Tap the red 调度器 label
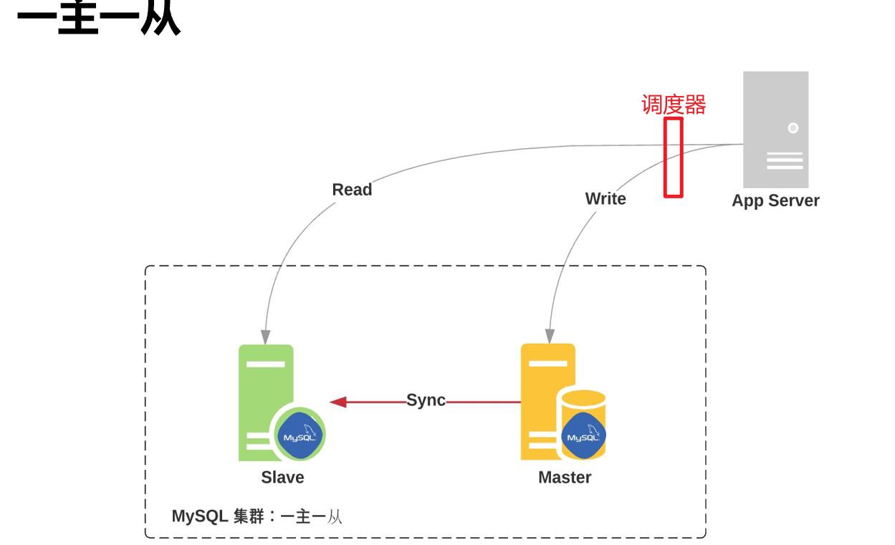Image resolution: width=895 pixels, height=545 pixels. tap(674, 105)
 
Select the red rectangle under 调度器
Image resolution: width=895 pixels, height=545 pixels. tap(673, 158)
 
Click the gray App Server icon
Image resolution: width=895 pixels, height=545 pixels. tap(775, 130)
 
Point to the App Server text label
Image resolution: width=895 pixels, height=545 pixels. tap(775, 201)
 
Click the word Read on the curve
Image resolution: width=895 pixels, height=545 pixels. tap(352, 190)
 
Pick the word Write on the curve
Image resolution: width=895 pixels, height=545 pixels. tap(606, 199)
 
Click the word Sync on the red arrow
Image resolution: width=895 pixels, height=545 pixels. tap(426, 400)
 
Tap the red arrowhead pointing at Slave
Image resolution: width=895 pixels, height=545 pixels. tap(338, 402)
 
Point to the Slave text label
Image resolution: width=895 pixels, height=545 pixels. tap(282, 478)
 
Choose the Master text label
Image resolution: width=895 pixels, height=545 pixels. tap(565, 478)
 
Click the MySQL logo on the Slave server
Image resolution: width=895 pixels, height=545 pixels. tap(298, 436)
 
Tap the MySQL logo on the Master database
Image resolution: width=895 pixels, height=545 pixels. tap(583, 436)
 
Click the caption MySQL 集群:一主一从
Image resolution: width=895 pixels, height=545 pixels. tap(257, 516)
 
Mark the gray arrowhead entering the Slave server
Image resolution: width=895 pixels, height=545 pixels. tap(266, 337)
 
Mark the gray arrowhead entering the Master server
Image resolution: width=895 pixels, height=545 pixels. tap(550, 336)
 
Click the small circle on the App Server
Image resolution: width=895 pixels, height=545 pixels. tap(793, 128)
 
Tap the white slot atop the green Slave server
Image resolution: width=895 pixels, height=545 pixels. tap(266, 364)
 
